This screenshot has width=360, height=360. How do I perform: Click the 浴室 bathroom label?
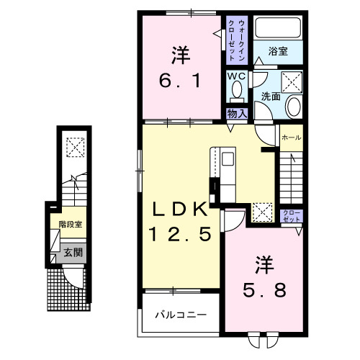(279, 50)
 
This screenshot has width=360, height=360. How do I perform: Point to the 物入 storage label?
(238, 113)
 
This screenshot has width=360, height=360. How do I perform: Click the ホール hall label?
(291, 138)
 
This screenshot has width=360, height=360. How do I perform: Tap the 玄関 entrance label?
(72, 252)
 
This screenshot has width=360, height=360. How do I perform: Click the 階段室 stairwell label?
(71, 224)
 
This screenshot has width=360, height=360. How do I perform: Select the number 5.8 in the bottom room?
(265, 290)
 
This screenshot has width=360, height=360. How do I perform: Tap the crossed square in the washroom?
(291, 81)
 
